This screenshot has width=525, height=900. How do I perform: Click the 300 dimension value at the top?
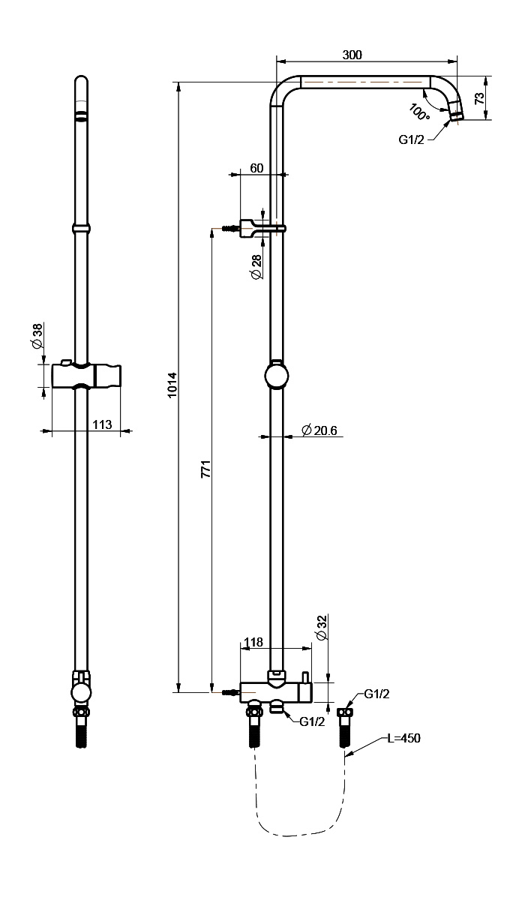click(x=352, y=55)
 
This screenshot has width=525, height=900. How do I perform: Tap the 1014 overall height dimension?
click(x=172, y=385)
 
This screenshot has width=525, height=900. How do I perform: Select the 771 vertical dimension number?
click(x=206, y=469)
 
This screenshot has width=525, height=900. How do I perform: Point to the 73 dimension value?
click(x=479, y=98)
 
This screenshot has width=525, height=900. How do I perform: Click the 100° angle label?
click(x=420, y=112)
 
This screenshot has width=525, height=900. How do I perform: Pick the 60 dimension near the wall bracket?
click(x=256, y=168)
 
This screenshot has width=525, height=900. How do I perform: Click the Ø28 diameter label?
click(x=256, y=267)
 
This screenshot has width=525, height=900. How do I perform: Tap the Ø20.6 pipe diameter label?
click(x=319, y=430)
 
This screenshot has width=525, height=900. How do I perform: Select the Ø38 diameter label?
click(x=37, y=336)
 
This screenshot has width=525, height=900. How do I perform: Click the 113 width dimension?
click(x=102, y=424)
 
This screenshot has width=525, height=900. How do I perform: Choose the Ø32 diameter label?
click(x=322, y=627)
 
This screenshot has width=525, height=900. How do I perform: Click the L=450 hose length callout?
click(x=403, y=738)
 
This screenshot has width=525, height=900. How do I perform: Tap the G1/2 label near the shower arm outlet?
click(x=411, y=139)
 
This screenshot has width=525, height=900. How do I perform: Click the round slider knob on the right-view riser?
click(x=276, y=376)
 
